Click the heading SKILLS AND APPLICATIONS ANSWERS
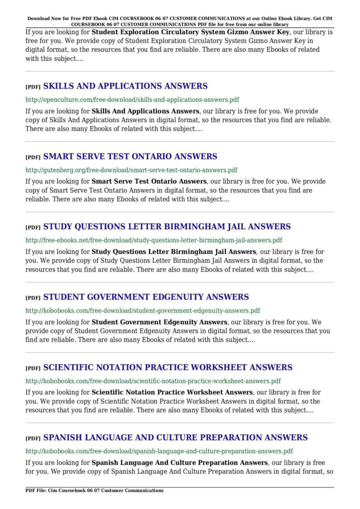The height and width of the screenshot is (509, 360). (x=125, y=86)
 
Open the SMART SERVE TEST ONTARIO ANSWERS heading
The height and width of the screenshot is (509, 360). (x=130, y=156)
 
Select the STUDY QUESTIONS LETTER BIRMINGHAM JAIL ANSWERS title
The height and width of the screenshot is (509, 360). (x=166, y=227)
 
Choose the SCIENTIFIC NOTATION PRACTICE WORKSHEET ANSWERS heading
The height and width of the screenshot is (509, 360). (x=167, y=367)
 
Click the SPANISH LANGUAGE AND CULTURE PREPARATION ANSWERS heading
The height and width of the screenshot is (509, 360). (x=175, y=438)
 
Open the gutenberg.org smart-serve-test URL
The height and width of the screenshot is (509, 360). (x=131, y=170)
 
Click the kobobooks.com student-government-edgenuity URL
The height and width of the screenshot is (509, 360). (x=143, y=311)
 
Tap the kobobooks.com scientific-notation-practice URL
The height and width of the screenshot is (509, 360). (x=153, y=381)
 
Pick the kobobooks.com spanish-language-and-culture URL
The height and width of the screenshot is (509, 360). (x=159, y=451)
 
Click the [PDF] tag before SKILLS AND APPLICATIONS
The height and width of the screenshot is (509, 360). (x=33, y=87)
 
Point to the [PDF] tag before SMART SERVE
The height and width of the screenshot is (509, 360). (x=33, y=157)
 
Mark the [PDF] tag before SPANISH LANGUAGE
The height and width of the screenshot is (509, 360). (x=33, y=439)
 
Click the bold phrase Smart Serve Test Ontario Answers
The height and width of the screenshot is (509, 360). (x=149, y=182)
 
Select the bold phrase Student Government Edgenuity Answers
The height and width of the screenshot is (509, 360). (x=160, y=322)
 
